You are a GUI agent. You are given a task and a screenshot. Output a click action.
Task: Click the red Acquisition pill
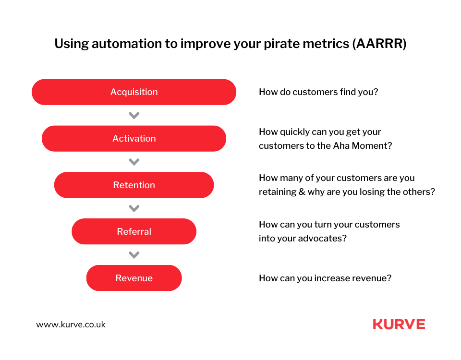pos(134,92)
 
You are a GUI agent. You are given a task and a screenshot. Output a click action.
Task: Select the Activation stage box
pos(134,138)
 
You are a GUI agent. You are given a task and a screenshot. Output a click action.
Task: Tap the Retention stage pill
pos(134,185)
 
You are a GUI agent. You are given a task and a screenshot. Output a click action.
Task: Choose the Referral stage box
pos(134,231)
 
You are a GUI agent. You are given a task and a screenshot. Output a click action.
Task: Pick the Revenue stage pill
pos(134,278)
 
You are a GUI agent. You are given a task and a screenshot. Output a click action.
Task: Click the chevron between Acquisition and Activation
pos(134,116)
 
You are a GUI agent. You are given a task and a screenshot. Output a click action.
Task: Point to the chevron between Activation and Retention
pos(134,162)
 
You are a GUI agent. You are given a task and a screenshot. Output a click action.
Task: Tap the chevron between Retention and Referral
pos(134,208)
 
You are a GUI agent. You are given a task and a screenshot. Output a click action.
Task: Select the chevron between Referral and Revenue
pos(134,255)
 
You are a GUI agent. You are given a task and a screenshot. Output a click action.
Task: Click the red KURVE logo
pos(399,324)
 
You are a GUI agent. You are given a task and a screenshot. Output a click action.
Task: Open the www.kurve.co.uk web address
pos(71,324)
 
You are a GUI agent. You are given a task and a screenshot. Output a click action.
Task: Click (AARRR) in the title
pos(379,44)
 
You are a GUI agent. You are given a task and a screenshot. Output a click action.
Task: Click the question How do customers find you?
pos(318,92)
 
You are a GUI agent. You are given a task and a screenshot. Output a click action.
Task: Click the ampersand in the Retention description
pos(302,192)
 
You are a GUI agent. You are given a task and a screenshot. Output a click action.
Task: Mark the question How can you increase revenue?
pos(325,278)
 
